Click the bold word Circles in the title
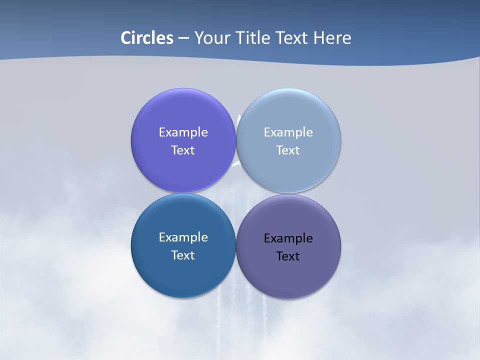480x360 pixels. tap(147, 38)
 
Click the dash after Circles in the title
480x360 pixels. tap(183, 38)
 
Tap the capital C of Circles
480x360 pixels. tap(126, 38)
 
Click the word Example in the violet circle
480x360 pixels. tap(183, 132)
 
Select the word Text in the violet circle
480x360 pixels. tap(183, 150)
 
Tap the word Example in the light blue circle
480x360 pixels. tap(288, 132)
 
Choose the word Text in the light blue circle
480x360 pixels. tap(288, 150)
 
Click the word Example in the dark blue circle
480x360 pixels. tap(183, 237)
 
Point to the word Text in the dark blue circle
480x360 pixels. tap(183, 255)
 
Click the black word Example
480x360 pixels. tap(288, 238)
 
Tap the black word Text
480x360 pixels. tap(288, 256)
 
